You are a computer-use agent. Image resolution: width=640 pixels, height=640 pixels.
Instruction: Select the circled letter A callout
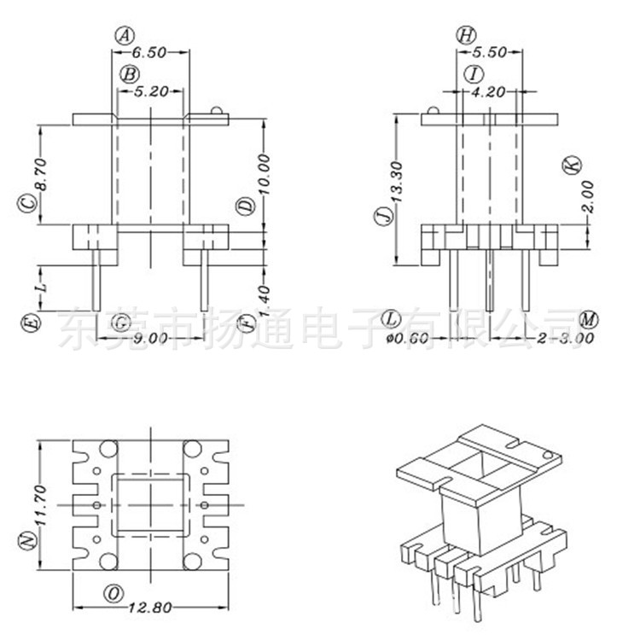pyautogui.click(x=125, y=35)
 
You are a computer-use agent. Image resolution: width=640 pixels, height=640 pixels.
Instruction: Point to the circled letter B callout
pyautogui.click(x=128, y=74)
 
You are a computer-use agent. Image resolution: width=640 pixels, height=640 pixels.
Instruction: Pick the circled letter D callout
pyautogui.click(x=245, y=206)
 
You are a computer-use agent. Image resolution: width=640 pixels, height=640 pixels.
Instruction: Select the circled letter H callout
pyautogui.click(x=466, y=35)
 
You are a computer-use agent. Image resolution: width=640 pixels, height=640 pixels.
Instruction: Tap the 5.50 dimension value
pyautogui.click(x=491, y=52)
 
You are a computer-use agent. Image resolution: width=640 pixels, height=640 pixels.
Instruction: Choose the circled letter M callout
pyautogui.click(x=588, y=319)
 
